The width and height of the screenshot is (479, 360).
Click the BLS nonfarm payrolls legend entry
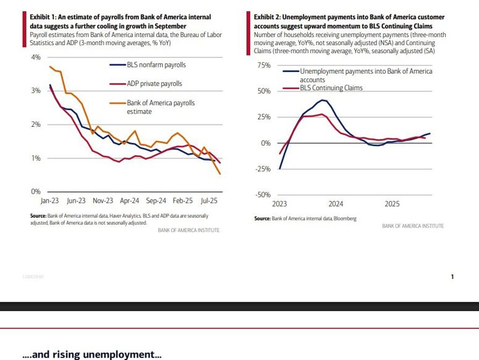click(x=155, y=65)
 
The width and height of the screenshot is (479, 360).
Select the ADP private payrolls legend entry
click(x=155, y=84)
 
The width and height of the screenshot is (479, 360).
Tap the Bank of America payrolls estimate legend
click(x=161, y=103)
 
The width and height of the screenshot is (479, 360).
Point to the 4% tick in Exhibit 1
click(x=35, y=57)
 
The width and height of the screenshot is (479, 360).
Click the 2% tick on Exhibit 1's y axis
click(x=35, y=124)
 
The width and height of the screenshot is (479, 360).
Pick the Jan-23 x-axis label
click(x=50, y=201)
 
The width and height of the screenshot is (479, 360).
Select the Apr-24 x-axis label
click(x=130, y=201)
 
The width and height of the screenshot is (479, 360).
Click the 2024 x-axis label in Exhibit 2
click(x=336, y=204)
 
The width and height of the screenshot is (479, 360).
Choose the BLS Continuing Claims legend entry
click(x=331, y=88)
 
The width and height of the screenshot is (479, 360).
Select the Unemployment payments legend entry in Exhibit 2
click(x=365, y=72)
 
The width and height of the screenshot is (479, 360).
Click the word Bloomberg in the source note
click(x=345, y=218)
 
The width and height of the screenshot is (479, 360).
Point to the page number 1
click(x=452, y=276)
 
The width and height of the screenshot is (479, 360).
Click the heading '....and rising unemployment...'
click(x=91, y=355)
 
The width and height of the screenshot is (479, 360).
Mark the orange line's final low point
click(x=219, y=174)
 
